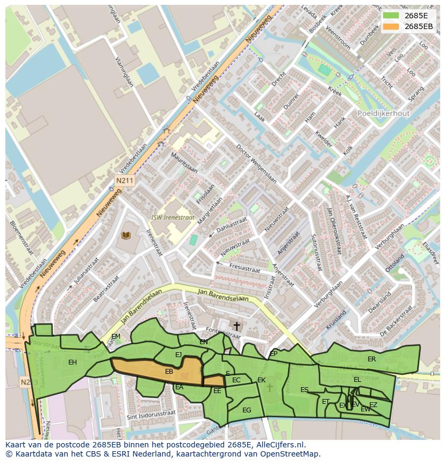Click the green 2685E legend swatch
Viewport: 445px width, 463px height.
(392, 16)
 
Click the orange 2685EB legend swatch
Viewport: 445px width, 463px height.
(392, 26)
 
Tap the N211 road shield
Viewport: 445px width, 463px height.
(124, 181)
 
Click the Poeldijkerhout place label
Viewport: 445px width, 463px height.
(383, 113)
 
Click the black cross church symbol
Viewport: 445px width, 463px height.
(236, 326)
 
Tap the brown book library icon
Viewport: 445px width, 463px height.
(126, 235)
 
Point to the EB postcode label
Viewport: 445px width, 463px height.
(169, 372)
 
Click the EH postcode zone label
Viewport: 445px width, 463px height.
(73, 362)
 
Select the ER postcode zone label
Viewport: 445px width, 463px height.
(371, 359)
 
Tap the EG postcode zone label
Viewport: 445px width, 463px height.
(247, 410)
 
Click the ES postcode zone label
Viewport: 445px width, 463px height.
(304, 390)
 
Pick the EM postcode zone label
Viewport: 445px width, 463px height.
(116, 337)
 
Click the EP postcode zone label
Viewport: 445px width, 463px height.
(274, 353)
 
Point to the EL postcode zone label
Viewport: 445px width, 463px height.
(357, 379)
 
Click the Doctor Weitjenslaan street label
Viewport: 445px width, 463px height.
(256, 163)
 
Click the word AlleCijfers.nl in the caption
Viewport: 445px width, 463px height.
(278, 445)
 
